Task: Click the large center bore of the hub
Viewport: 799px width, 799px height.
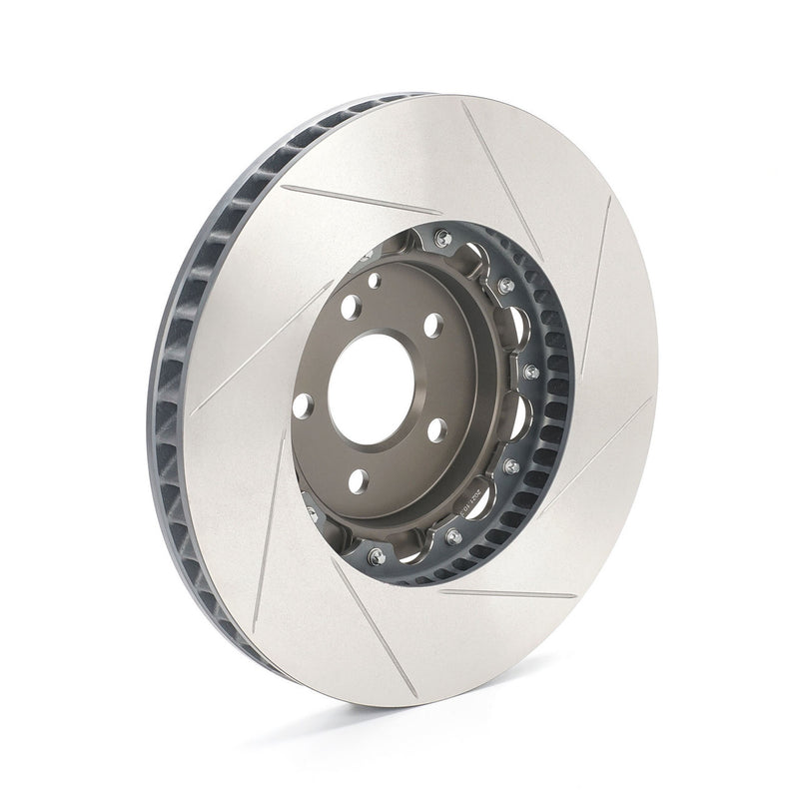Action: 371,388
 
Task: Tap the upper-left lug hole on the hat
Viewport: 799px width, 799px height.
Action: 350,307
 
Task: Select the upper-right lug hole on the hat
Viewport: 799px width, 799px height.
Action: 433,325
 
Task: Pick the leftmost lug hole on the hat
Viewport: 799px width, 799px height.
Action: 303,405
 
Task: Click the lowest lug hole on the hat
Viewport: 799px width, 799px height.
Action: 358,480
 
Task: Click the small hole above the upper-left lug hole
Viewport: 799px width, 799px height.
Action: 374,281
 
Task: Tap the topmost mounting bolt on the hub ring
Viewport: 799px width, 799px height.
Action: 442,238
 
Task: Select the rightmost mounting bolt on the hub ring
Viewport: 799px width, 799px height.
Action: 531,372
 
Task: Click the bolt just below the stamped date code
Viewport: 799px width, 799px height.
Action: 454,536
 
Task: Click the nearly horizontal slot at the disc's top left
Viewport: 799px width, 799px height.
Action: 360,199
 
